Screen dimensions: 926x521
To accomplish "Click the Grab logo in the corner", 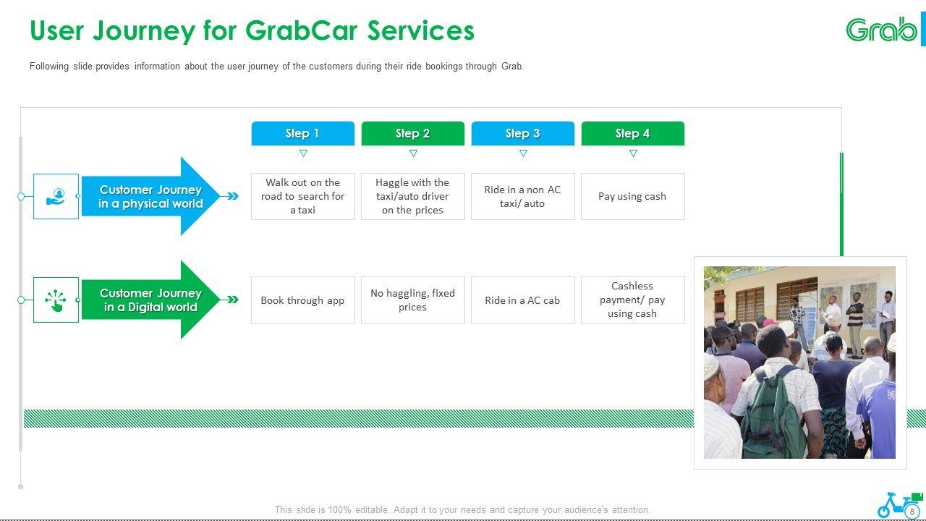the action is click(x=881, y=30).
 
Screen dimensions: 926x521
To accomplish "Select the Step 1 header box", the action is click(x=302, y=133).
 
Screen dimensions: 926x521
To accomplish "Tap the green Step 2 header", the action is click(x=412, y=133).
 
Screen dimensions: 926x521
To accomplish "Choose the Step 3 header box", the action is click(x=522, y=133).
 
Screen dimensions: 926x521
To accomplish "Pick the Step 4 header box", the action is click(x=632, y=133).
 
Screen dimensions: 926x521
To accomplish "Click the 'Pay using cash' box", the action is click(x=632, y=196).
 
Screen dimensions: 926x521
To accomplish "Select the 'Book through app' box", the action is click(x=302, y=300).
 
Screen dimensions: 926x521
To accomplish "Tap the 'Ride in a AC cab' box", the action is click(x=522, y=300).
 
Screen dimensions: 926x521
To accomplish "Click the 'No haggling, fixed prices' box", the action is click(x=412, y=300).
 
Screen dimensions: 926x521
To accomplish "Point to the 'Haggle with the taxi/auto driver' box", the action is click(x=412, y=196).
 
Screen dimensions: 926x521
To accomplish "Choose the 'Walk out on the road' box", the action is click(x=302, y=196).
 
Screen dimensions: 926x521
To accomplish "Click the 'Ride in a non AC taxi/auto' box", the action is click(x=522, y=196).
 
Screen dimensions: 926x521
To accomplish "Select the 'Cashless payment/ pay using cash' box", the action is click(x=632, y=300).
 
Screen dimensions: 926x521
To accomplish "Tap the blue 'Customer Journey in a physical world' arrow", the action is click(x=150, y=196).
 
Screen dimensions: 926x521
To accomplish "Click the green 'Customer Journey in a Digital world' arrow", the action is click(x=150, y=300).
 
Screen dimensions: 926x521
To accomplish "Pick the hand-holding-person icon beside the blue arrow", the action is click(x=56, y=196).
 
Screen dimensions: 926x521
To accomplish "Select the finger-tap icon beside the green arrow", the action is click(x=56, y=300).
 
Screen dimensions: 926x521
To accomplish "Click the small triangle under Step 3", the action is click(x=523, y=153).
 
